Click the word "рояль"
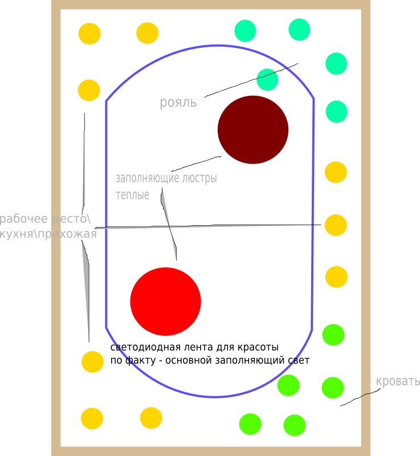(178, 103)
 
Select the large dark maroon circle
(253, 129)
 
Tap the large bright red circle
(165, 302)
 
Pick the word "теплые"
(132, 195)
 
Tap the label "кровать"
(398, 381)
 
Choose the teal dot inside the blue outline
(267, 80)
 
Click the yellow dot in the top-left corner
(89, 34)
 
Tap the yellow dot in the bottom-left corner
(92, 418)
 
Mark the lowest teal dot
(336, 111)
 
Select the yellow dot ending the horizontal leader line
(336, 225)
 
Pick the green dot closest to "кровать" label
(333, 388)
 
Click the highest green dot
(333, 335)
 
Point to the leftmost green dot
(250, 424)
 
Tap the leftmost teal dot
(245, 31)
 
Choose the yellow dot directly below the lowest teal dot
(336, 172)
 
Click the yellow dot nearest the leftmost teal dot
(148, 33)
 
